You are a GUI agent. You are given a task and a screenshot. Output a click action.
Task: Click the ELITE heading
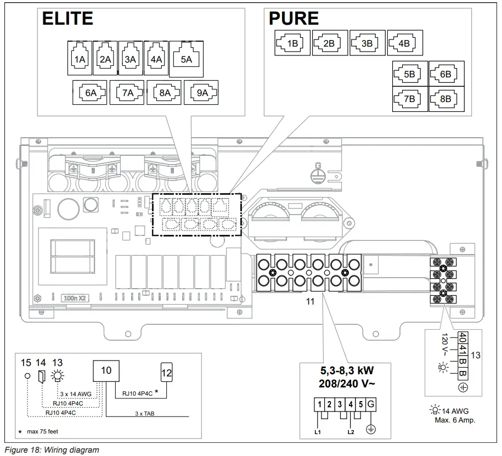click(68, 18)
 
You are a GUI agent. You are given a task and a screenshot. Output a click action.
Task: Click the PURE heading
click(294, 19)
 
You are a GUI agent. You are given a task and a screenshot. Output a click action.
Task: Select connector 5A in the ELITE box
click(186, 59)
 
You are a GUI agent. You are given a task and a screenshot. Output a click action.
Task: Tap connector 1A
click(80, 59)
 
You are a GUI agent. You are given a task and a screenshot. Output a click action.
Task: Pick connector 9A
click(201, 92)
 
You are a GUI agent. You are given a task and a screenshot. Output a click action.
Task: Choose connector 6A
click(90, 92)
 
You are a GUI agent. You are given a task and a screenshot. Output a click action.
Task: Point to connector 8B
click(446, 99)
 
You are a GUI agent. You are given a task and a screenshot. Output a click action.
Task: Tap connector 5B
click(410, 74)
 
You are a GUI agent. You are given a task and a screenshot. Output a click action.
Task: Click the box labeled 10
click(106, 370)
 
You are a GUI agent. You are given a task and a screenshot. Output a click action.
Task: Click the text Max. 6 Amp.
click(453, 420)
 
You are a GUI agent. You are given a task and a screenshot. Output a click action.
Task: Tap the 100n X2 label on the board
click(72, 299)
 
